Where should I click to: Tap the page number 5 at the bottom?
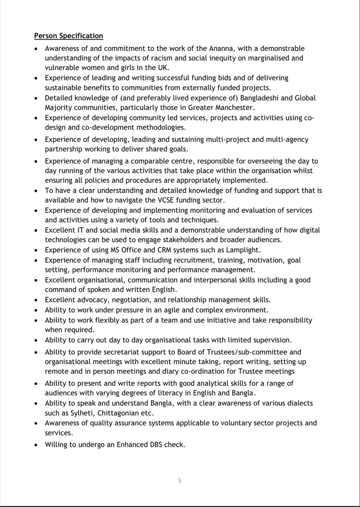click(x=180, y=480)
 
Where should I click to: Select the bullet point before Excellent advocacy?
click(x=37, y=300)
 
